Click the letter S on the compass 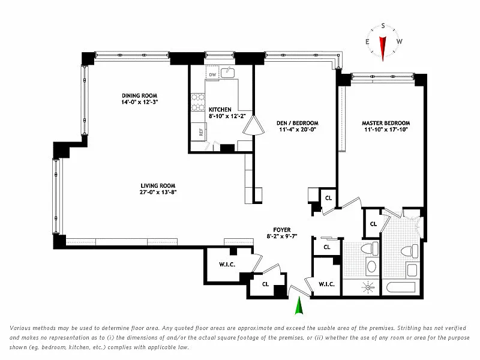click(383, 26)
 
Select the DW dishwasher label click(212, 74)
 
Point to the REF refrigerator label click(201, 132)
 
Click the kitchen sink click(228, 73)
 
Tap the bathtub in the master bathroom click(401, 287)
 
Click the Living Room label click(158, 185)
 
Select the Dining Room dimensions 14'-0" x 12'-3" click(139, 102)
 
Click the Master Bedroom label click(386, 123)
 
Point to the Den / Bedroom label click(297, 123)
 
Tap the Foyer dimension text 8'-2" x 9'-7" click(282, 236)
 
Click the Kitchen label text click(220, 110)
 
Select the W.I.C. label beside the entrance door click(326, 284)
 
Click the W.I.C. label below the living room click(227, 265)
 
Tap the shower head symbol click(368, 287)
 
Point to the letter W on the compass click(400, 41)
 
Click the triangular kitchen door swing click(253, 125)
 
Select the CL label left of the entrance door click(265, 284)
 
